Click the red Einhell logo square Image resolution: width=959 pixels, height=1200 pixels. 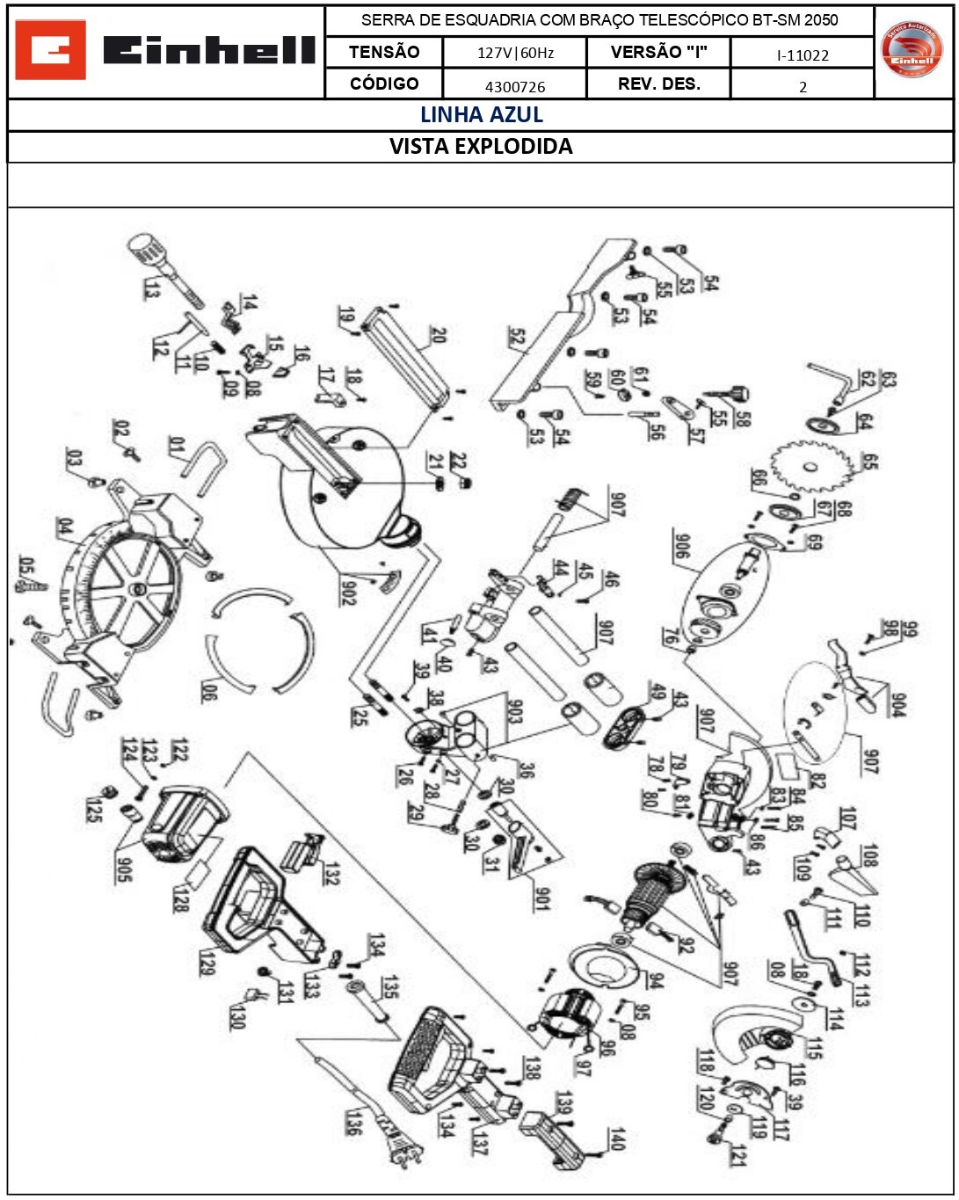50,50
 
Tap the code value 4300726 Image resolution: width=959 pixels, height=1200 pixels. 515,86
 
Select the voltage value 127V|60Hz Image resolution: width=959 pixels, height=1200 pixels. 515,53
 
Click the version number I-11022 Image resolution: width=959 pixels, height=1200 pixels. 803,55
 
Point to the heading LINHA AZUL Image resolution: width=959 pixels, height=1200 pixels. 481,115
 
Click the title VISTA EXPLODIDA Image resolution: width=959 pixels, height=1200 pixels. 481,147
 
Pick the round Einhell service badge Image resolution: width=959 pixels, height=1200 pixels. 912,49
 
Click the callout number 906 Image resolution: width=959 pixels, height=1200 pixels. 681,545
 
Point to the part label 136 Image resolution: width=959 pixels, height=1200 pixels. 352,1122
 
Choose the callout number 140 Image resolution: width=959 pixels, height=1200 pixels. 617,1139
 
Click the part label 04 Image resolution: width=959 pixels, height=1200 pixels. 65,528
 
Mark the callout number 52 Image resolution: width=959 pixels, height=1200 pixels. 517,337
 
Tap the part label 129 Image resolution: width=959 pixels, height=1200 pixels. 207,962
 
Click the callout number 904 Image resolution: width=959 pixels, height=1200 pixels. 897,704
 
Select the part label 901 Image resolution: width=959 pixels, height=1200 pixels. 542,898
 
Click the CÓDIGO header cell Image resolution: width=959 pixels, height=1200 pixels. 384,84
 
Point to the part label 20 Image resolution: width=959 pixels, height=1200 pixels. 438,334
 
